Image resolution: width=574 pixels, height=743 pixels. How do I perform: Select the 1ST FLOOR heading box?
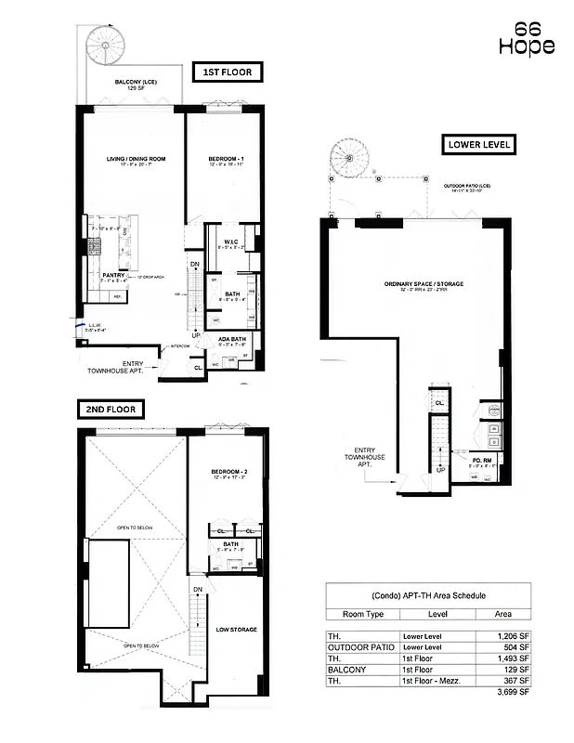pyautogui.click(x=228, y=72)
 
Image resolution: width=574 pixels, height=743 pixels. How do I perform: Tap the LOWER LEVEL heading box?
pyautogui.click(x=478, y=145)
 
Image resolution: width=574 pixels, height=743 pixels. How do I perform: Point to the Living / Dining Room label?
pyautogui.click(x=136, y=160)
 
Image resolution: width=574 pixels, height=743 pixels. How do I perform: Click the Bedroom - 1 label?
pyautogui.click(x=226, y=160)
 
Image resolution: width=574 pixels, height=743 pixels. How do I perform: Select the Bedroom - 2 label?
pyautogui.click(x=228, y=472)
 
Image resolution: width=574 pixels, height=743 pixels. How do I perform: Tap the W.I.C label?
pyautogui.click(x=232, y=242)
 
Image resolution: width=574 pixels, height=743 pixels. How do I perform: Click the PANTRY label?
pyautogui.click(x=113, y=274)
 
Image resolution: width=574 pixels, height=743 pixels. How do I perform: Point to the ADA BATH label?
pyautogui.click(x=231, y=339)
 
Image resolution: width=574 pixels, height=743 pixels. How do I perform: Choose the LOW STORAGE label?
pyautogui.click(x=236, y=630)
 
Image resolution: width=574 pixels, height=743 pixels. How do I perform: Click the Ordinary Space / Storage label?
pyautogui.click(x=424, y=283)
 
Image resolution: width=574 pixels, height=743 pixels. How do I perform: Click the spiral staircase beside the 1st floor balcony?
pyautogui.click(x=104, y=44)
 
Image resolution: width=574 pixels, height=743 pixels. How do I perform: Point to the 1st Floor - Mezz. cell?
pyautogui.click(x=434, y=681)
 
